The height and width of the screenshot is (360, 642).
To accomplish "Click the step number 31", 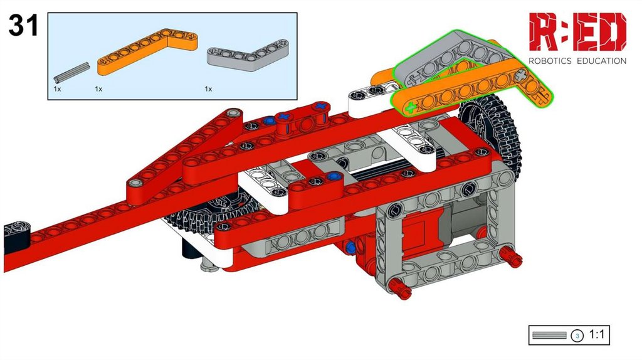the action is (x=23, y=25).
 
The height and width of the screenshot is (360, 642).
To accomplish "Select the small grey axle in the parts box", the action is (x=71, y=71).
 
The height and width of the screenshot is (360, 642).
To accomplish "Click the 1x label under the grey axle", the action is (x=57, y=89).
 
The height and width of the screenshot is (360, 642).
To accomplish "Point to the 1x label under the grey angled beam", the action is (x=208, y=89).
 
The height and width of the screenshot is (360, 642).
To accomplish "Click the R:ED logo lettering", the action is (x=577, y=32).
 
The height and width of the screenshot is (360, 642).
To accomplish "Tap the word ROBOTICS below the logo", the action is (x=550, y=61).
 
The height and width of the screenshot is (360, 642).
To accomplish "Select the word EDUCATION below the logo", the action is (x=601, y=61).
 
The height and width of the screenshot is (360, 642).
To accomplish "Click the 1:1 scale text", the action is (x=597, y=335).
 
